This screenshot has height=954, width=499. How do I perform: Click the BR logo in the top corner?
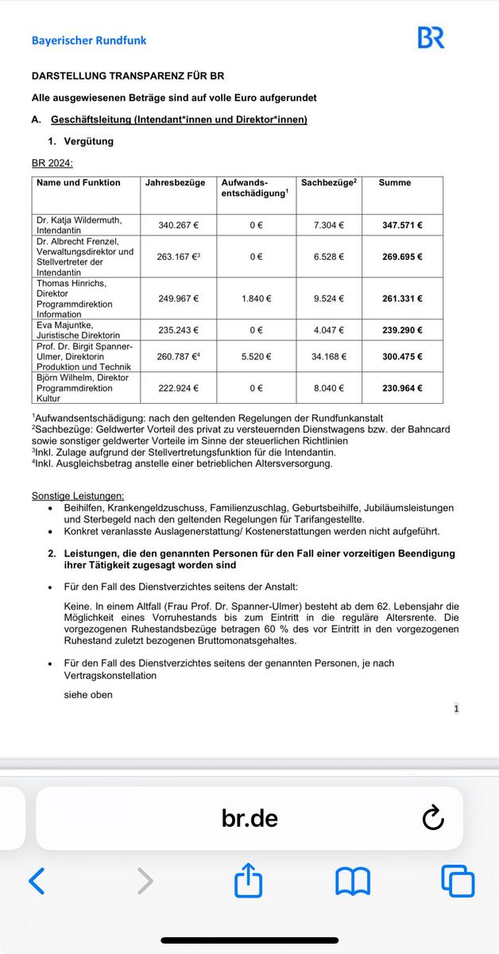pyautogui.click(x=431, y=38)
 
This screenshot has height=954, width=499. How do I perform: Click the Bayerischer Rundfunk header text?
pyautogui.click(x=89, y=40)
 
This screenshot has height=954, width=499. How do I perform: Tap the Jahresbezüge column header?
pyautogui.click(x=176, y=183)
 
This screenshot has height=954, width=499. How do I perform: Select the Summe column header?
pyautogui.click(x=395, y=183)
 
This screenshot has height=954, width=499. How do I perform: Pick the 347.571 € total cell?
pyautogui.click(x=402, y=225)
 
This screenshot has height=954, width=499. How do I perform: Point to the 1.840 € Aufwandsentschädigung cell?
pyautogui.click(x=256, y=299)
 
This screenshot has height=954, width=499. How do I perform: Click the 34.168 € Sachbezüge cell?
pyautogui.click(x=329, y=357)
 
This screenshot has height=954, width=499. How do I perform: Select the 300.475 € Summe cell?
pyautogui.click(x=402, y=357)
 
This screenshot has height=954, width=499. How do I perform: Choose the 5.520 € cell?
pyautogui.click(x=256, y=357)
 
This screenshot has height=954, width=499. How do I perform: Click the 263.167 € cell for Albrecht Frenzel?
pyautogui.click(x=178, y=257)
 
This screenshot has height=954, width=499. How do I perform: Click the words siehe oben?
pyautogui.click(x=88, y=695)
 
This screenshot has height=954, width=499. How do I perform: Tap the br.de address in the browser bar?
pyautogui.click(x=249, y=818)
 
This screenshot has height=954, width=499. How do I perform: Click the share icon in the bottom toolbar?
pyautogui.click(x=249, y=880)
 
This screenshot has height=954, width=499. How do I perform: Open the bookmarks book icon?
pyautogui.click(x=353, y=881)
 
